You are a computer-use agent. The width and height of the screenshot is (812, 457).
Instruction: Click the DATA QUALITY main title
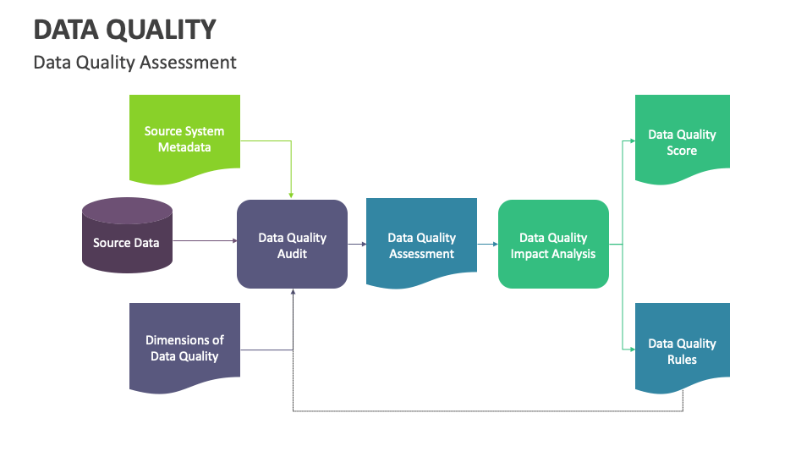[124, 30]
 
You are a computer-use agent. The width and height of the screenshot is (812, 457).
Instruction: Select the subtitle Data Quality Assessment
[134, 63]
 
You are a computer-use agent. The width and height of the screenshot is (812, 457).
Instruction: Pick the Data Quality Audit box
[292, 245]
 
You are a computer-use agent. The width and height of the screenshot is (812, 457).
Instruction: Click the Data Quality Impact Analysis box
[553, 245]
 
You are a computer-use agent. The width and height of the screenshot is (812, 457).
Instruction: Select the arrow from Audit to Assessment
[356, 245]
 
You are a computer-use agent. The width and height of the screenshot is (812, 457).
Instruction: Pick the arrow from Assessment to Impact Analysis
[487, 245]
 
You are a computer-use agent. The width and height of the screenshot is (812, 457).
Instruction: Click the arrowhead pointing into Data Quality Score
[631, 140]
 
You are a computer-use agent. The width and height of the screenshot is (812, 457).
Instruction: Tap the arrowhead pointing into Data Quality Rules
[631, 349]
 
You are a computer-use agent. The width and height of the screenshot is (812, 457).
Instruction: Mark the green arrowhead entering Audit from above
[292, 195]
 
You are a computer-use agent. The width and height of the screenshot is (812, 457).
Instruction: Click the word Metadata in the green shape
[184, 147]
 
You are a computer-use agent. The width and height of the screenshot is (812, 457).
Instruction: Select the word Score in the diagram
[682, 151]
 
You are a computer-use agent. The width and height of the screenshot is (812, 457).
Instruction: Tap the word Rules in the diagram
[682, 360]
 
